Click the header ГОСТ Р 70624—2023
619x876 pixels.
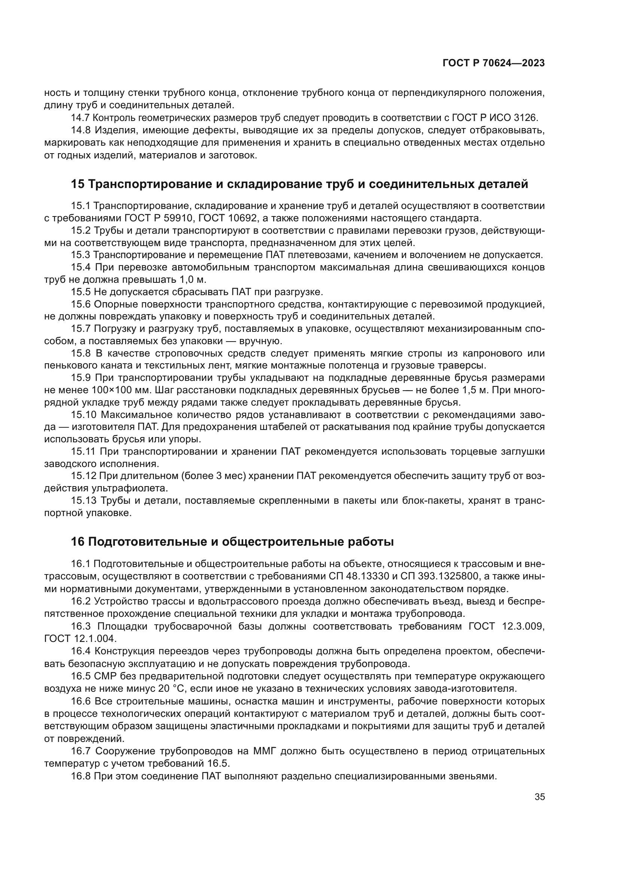tap(493, 63)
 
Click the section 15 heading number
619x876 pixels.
tap(77, 184)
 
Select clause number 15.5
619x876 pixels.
tap(80, 292)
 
